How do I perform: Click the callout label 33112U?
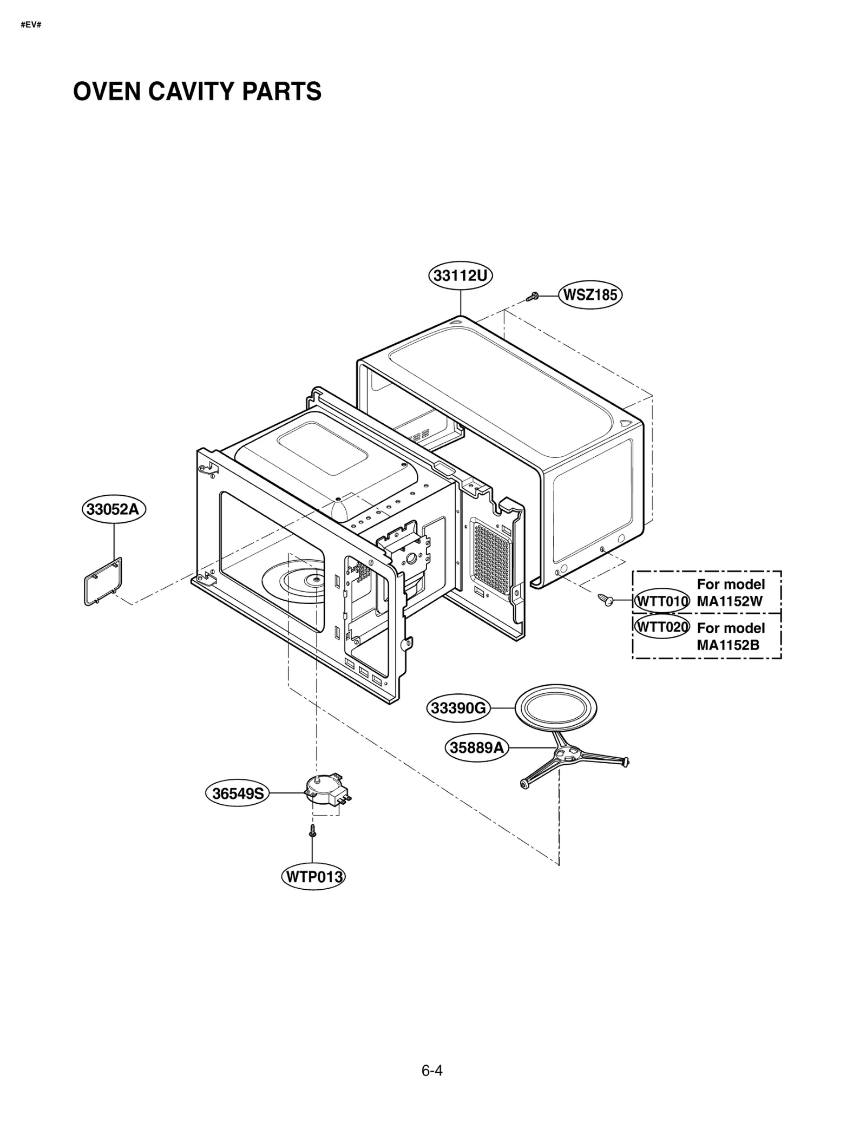(x=460, y=276)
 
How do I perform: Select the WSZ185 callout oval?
(x=590, y=295)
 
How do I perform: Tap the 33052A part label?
(x=114, y=509)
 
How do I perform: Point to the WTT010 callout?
(x=661, y=601)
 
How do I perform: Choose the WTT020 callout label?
(x=661, y=627)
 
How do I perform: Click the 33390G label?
(x=458, y=708)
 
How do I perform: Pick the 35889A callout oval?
(x=477, y=747)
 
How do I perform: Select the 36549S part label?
(x=238, y=793)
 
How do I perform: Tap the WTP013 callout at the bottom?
(x=313, y=877)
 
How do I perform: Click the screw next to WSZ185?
(x=533, y=296)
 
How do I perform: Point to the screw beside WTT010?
(x=606, y=599)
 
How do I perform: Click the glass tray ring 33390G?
(x=555, y=708)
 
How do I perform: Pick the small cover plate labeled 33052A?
(x=103, y=581)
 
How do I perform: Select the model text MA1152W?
(x=730, y=601)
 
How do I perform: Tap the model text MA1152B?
(x=728, y=645)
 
